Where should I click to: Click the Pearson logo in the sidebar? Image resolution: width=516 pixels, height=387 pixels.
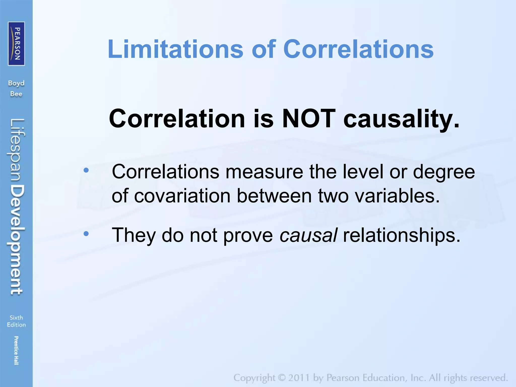[16, 44]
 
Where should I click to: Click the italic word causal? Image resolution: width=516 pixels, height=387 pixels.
[308, 235]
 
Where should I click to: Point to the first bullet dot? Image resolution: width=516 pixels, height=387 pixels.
[86, 170]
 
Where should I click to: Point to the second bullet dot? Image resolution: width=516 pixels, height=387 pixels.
[86, 234]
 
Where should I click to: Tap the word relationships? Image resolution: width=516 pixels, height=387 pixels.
[402, 235]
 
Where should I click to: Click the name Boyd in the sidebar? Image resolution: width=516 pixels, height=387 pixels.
[16, 83]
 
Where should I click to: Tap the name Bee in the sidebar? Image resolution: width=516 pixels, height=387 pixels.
[16, 94]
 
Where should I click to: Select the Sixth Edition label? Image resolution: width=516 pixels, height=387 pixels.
[16, 321]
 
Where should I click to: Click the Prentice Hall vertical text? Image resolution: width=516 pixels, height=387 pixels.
[16, 350]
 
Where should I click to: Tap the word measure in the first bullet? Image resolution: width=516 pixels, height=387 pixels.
[264, 172]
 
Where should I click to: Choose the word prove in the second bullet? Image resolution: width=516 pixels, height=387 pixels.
[248, 235]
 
